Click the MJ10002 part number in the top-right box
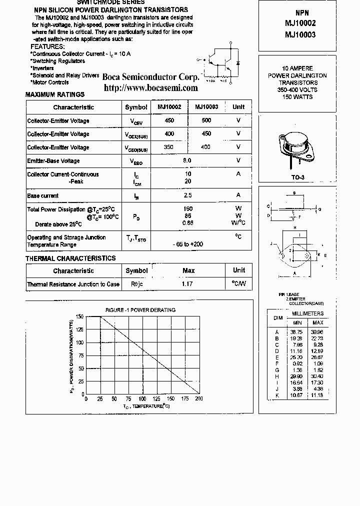(300, 23)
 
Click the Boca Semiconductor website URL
(150, 88)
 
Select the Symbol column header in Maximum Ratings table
(136, 107)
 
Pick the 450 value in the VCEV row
(169, 120)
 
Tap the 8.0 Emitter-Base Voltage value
(187, 160)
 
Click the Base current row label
(42, 195)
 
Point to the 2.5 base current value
(187, 195)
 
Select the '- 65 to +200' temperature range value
(187, 244)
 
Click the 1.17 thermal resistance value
(187, 284)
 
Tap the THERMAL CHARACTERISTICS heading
(70, 258)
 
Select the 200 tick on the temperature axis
(198, 399)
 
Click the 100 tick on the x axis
(142, 399)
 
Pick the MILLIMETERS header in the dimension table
(307, 313)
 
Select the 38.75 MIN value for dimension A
(297, 332)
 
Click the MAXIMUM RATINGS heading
(55, 94)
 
